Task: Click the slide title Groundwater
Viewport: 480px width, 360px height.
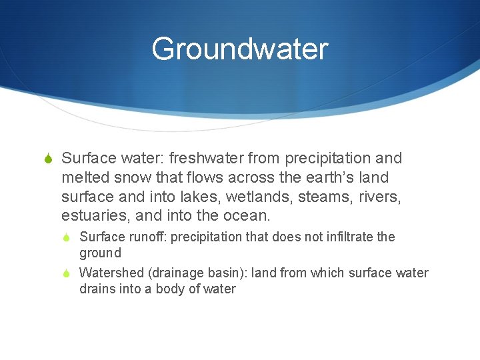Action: point(240,49)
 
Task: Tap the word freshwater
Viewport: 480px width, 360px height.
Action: point(206,159)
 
